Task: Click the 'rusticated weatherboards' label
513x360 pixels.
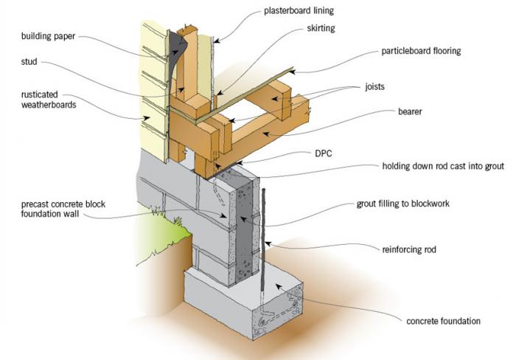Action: [x=43, y=99]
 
